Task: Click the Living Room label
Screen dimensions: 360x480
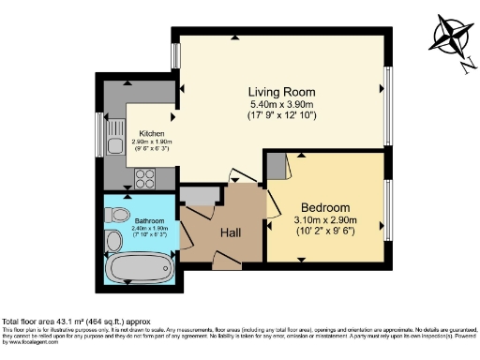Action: [x=281, y=92]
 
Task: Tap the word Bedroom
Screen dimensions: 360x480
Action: [x=325, y=207]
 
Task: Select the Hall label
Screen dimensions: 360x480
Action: [x=232, y=232]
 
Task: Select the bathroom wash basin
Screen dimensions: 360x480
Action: [x=112, y=242]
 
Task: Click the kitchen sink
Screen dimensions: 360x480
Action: [x=114, y=146]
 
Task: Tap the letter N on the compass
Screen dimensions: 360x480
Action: [x=466, y=67]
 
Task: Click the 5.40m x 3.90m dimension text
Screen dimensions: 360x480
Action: [x=281, y=105]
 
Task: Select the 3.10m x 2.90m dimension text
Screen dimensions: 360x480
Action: [x=325, y=220]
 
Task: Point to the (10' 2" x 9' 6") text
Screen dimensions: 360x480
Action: [x=325, y=232]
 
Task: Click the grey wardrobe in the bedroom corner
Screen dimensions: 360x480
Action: [x=276, y=167]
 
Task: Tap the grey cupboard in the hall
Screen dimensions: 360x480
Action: [x=198, y=195]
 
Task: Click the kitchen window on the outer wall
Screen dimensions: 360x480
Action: [x=98, y=134]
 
